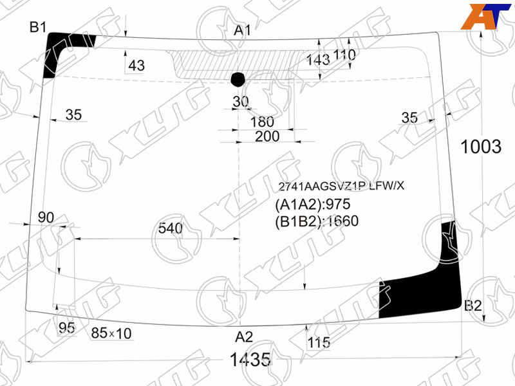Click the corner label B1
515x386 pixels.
pyautogui.click(x=38, y=27)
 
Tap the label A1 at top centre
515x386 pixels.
pyautogui.click(x=243, y=30)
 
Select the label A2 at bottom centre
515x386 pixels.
pyautogui.click(x=244, y=337)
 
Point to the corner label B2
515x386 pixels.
pyautogui.click(x=473, y=306)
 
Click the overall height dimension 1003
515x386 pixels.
pyautogui.click(x=481, y=147)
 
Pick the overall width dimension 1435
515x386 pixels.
pyautogui.click(x=250, y=360)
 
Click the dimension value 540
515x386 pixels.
pyautogui.click(x=170, y=228)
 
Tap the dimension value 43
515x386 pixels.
pyautogui.click(x=136, y=66)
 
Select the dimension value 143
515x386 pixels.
pyautogui.click(x=318, y=60)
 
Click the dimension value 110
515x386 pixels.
pyautogui.click(x=344, y=55)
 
